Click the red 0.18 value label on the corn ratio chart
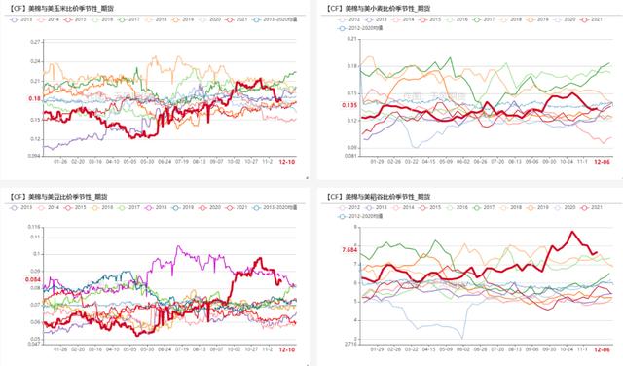click(34, 99)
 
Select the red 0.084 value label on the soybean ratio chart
click(32, 280)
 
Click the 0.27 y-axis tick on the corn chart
click(35, 42)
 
